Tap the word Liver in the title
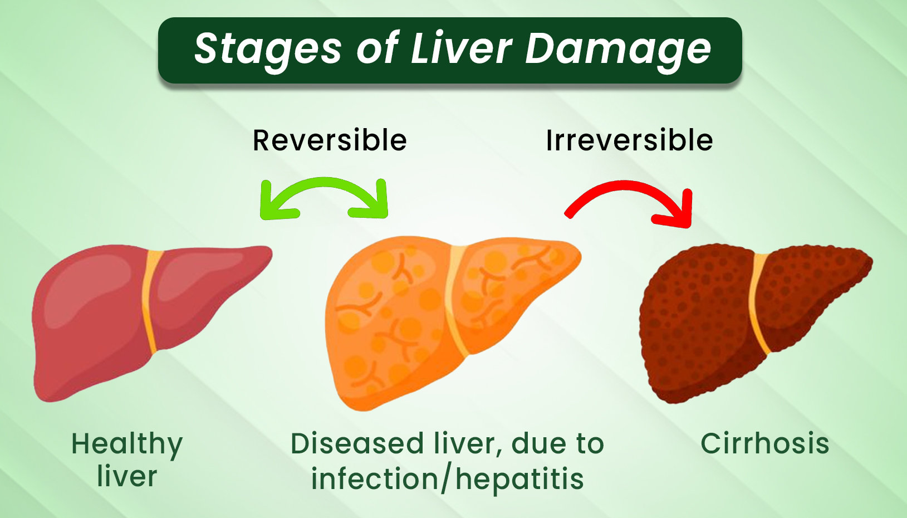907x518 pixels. (x=462, y=48)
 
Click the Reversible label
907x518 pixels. (x=330, y=140)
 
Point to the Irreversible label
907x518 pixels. (x=629, y=140)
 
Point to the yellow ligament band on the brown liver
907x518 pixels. (x=758, y=304)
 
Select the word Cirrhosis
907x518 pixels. (x=765, y=443)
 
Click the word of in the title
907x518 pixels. (x=378, y=48)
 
